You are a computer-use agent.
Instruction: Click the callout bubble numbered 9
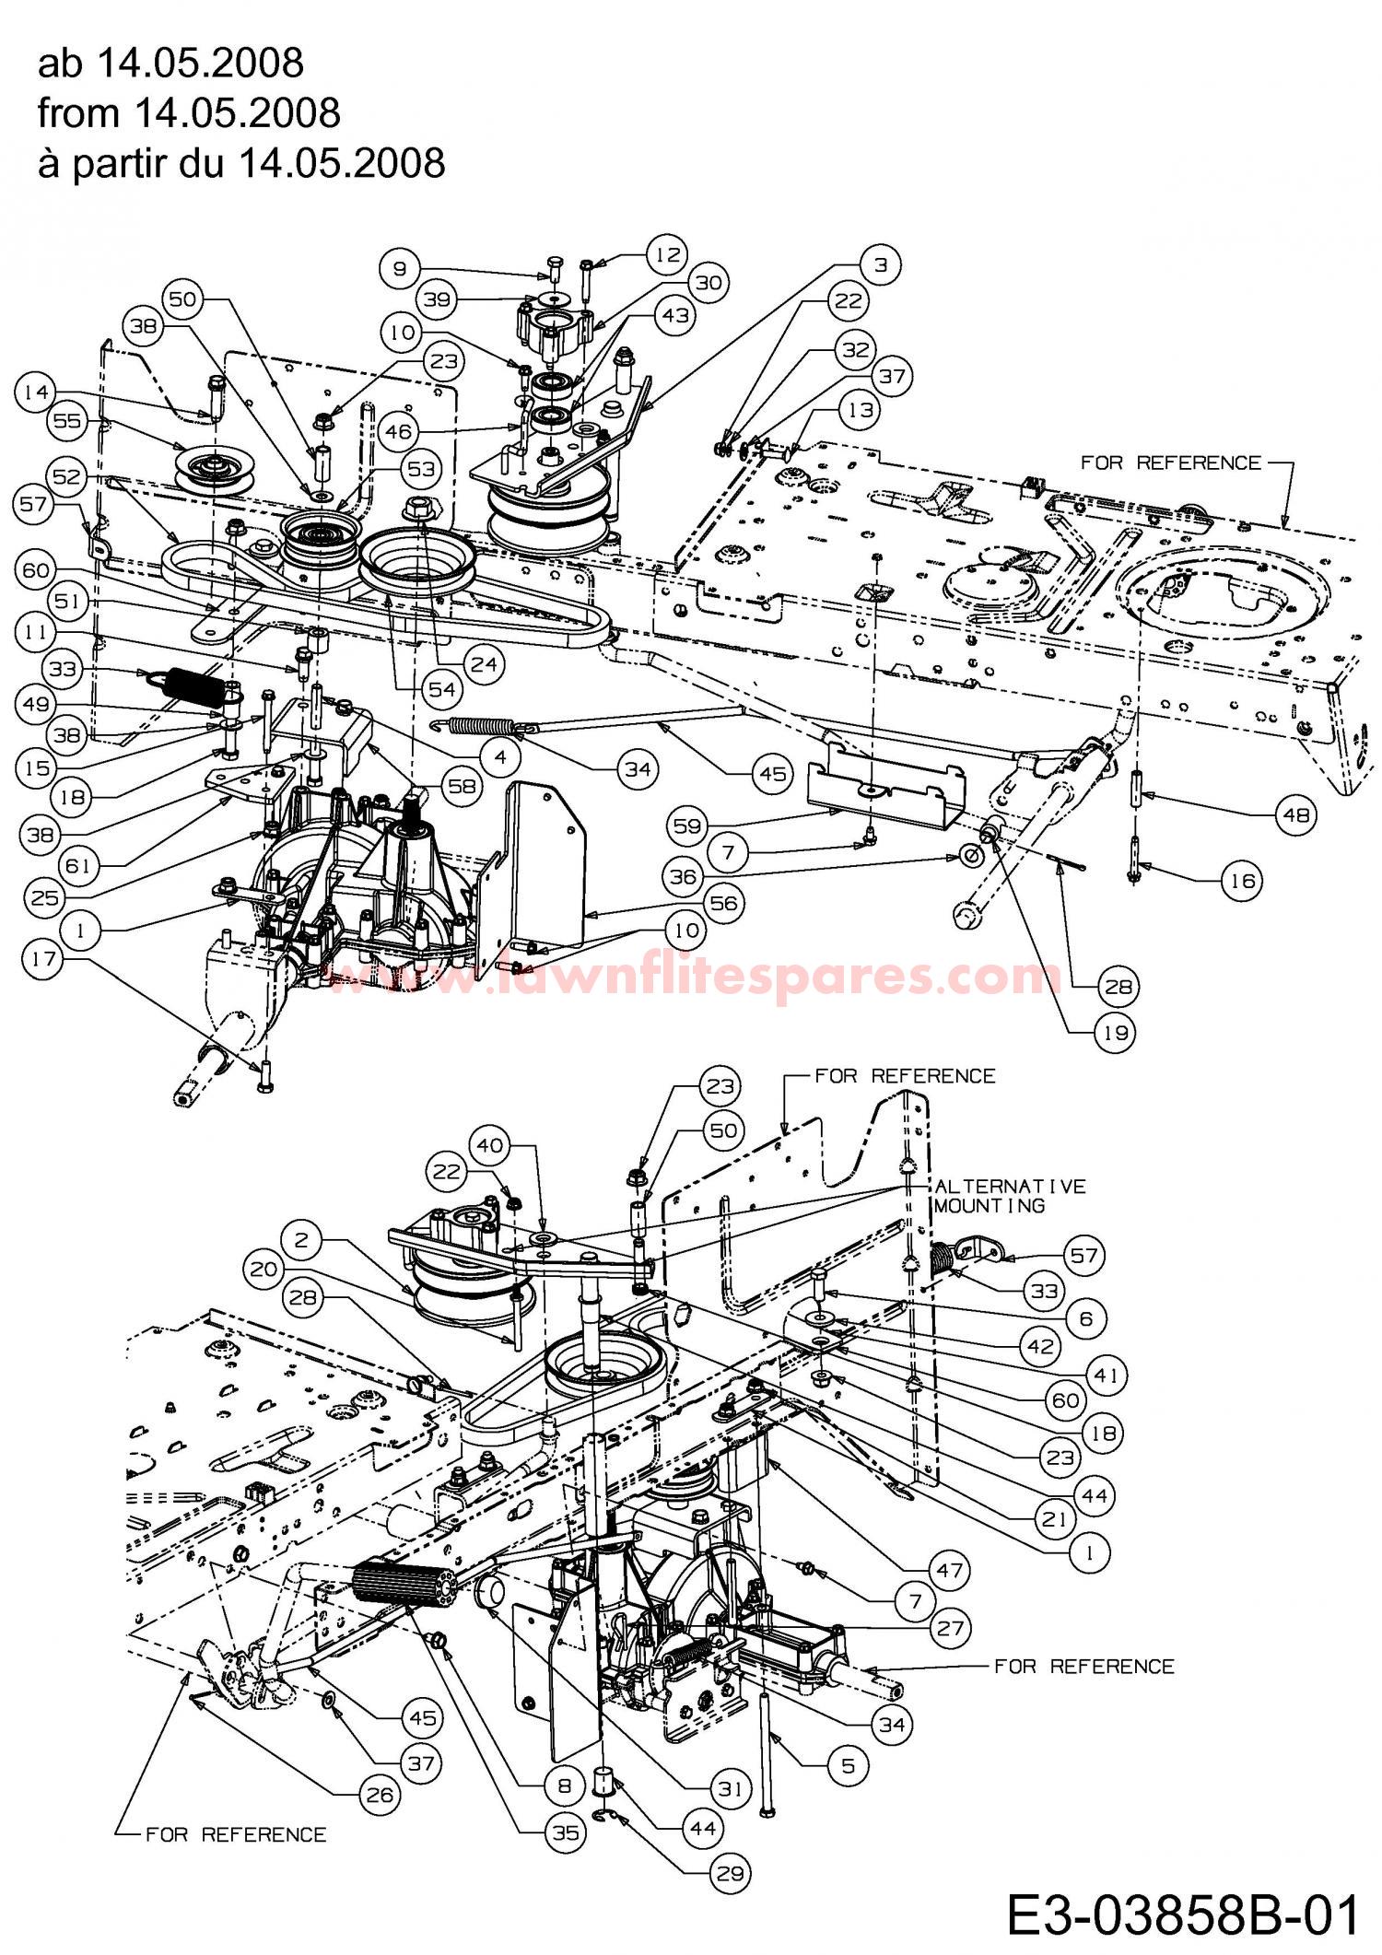[x=400, y=268]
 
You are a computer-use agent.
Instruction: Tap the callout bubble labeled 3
[x=880, y=265]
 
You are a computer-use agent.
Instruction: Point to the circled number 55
[x=66, y=421]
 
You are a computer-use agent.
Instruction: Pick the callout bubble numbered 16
[x=1243, y=881]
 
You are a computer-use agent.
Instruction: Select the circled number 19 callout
[x=1115, y=1033]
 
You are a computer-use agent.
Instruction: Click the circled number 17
[x=41, y=959]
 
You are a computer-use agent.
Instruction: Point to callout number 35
[x=566, y=1832]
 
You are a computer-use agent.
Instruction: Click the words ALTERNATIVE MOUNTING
[x=1011, y=1196]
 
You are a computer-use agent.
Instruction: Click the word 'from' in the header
[x=78, y=112]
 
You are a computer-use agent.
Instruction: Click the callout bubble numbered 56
[x=724, y=903]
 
